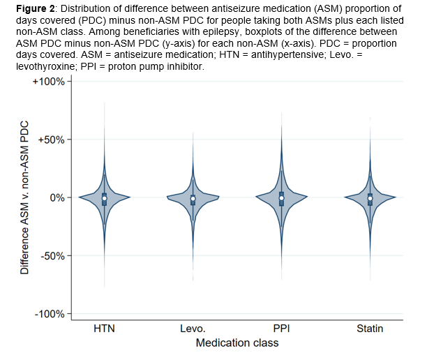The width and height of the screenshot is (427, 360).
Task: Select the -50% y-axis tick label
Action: click(x=52, y=255)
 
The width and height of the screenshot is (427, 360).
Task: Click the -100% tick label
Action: click(x=50, y=313)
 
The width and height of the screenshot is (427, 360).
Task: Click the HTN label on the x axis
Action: click(x=104, y=328)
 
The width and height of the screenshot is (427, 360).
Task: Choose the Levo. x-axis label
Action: click(x=193, y=328)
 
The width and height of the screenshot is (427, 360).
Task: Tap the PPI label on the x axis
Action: click(x=281, y=328)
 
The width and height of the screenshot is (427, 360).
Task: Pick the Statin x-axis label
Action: click(x=370, y=328)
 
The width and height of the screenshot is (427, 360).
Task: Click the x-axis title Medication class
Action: click(x=237, y=343)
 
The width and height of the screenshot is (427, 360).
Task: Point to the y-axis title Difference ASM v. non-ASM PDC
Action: click(x=24, y=197)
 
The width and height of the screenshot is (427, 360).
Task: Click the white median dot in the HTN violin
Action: click(x=104, y=198)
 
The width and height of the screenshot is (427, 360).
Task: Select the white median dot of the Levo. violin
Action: click(x=193, y=199)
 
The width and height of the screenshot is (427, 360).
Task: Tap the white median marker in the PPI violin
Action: click(x=281, y=198)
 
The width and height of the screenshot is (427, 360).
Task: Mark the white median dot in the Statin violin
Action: click(x=370, y=199)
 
